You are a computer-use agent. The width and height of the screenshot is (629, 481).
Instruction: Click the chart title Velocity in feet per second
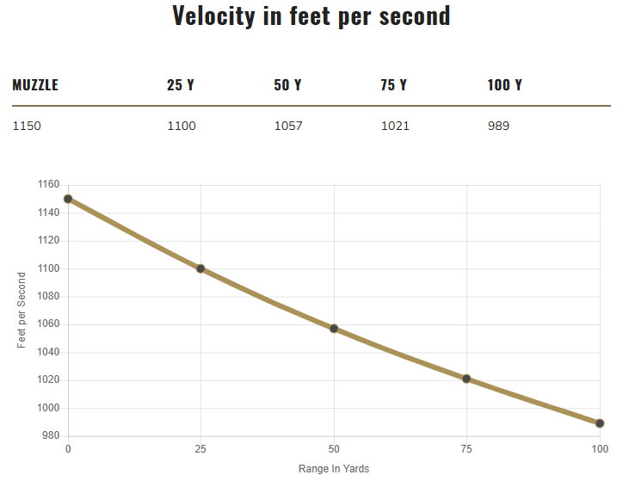(311, 16)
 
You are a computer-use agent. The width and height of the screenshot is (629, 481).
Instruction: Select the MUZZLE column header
(35, 85)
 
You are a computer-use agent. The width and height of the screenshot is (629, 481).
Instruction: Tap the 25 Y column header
(181, 85)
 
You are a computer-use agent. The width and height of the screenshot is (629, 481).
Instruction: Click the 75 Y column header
(394, 85)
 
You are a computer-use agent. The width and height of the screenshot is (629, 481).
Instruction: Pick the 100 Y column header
(505, 85)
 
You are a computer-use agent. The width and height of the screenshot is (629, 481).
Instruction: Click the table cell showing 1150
(27, 126)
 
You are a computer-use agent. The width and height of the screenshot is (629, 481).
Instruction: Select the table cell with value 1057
(288, 126)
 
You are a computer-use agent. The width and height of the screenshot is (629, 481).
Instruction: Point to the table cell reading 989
(498, 126)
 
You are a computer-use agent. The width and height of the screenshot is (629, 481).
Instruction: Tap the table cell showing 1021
(395, 126)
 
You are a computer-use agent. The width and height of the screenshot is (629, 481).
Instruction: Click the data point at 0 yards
(68, 199)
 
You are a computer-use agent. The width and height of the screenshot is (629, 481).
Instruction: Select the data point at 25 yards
(200, 268)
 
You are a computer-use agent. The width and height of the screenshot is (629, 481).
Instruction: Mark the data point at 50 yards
(334, 329)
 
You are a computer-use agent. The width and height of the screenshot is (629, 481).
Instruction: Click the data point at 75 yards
(466, 379)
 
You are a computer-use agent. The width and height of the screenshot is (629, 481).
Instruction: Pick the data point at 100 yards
(600, 423)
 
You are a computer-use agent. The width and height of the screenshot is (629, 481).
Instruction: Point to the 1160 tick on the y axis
(49, 185)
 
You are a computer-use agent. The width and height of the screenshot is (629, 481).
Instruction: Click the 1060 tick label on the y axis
(49, 324)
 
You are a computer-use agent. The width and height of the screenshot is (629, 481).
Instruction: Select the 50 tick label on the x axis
(334, 449)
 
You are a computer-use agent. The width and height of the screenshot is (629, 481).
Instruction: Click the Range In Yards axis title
(334, 469)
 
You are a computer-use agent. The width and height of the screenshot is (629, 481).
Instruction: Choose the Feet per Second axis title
(22, 310)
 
